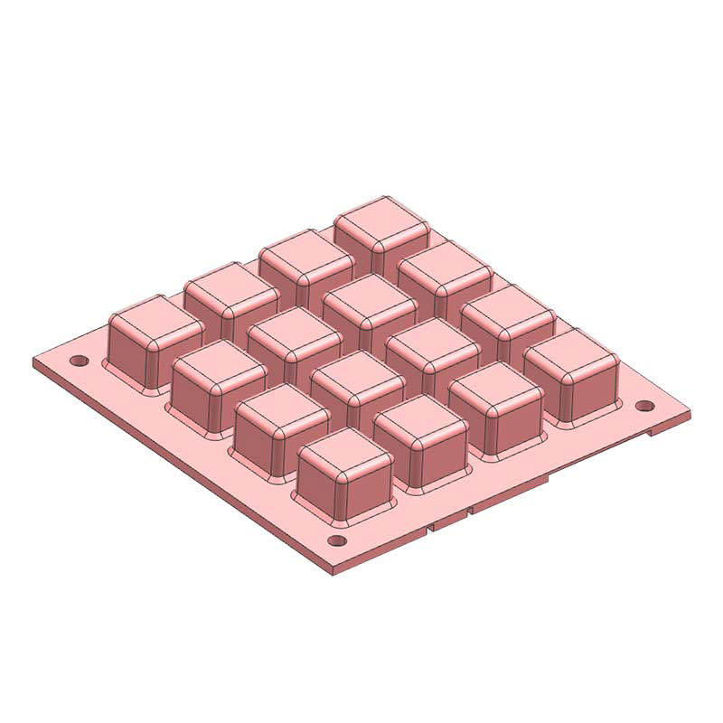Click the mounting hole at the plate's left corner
[80, 361]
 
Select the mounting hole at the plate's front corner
[336, 541]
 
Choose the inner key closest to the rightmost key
[433, 338]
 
